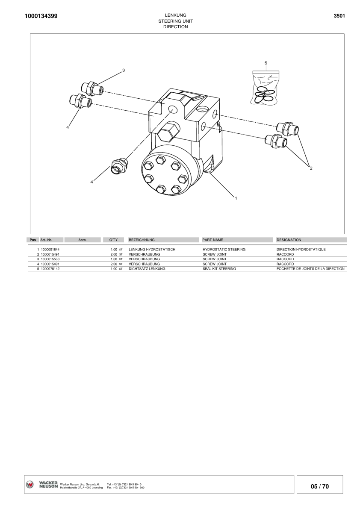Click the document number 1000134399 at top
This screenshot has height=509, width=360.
[x=38, y=16]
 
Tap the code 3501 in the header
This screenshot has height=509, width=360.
[x=339, y=16]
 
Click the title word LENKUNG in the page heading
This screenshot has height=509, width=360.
[x=175, y=15]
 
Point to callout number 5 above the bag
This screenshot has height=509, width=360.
[x=266, y=63]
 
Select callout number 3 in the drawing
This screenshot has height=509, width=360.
[x=124, y=70]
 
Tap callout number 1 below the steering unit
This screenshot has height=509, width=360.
[x=235, y=197]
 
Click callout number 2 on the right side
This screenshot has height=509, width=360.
[x=311, y=168]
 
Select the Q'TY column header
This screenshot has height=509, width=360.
[x=113, y=240]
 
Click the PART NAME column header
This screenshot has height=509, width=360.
[x=212, y=240]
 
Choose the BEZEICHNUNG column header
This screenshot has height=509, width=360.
[x=142, y=240]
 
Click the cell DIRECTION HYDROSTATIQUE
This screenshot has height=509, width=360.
[x=301, y=249]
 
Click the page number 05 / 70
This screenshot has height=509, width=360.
[x=319, y=486]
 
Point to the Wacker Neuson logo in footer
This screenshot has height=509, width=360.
[x=42, y=485]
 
